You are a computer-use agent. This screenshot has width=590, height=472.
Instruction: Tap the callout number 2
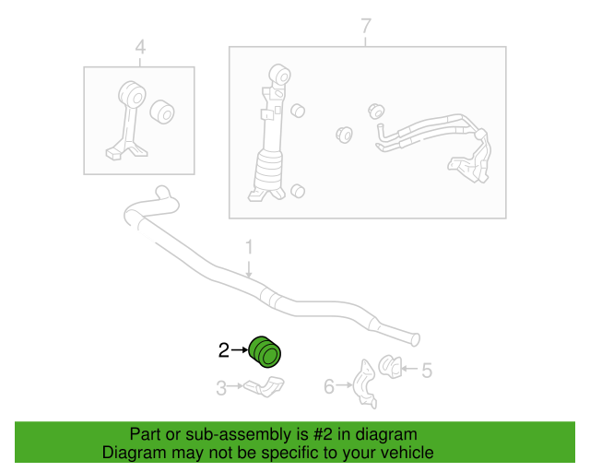[223, 350]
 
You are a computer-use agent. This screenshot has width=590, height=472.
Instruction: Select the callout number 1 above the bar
[248, 247]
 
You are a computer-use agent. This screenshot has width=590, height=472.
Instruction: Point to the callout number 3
[221, 389]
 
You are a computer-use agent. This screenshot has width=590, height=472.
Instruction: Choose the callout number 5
[426, 371]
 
